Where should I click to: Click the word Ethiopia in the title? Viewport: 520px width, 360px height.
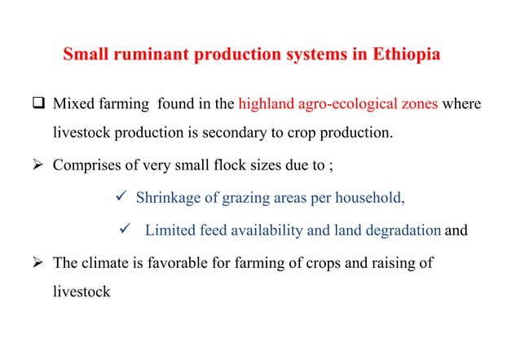pos(407,57)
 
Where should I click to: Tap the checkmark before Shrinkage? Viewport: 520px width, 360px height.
pos(119,196)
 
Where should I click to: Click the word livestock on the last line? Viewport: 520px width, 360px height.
pos(82,290)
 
